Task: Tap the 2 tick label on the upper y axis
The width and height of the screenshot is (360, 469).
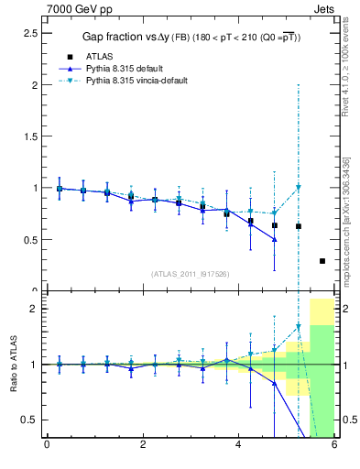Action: coord(33,85)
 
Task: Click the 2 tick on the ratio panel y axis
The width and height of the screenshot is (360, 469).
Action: coord(33,309)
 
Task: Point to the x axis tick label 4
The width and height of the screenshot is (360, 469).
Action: coord(238,445)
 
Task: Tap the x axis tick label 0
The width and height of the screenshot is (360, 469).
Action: coord(47,445)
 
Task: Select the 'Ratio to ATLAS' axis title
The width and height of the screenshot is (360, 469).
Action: coord(12,365)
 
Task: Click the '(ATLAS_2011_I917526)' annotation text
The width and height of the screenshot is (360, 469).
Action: coord(191,273)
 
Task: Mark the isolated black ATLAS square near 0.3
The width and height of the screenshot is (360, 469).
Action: coord(322,261)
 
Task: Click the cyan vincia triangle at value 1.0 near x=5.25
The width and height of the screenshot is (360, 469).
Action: coord(298,188)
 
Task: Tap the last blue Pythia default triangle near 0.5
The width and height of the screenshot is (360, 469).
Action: coord(274,239)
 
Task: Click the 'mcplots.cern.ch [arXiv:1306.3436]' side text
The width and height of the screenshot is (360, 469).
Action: coord(347,220)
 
